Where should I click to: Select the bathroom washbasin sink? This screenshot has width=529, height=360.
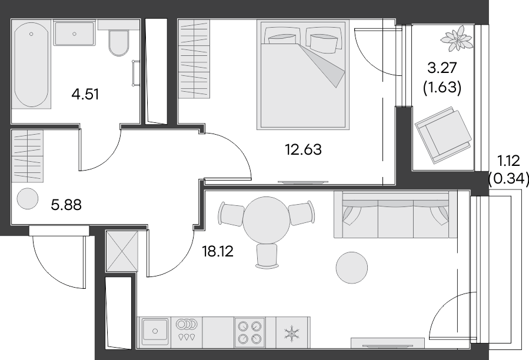(74, 32)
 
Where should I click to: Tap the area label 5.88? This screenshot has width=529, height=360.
(66, 205)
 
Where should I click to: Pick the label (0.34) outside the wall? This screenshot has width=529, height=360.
(509, 177)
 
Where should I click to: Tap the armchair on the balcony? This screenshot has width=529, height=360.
(443, 134)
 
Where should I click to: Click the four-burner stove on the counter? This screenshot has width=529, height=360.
(249, 331)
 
